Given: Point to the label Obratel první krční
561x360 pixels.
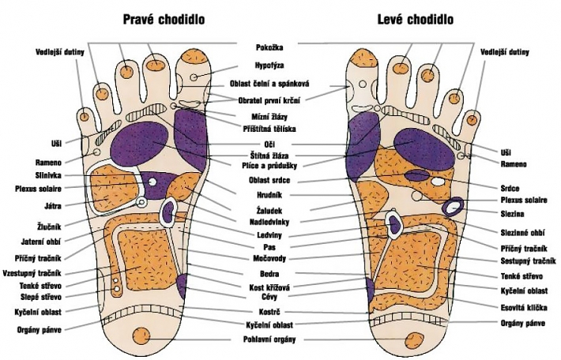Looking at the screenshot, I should [x=271, y=100].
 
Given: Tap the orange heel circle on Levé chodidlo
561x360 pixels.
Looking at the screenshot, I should [x=416, y=335].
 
